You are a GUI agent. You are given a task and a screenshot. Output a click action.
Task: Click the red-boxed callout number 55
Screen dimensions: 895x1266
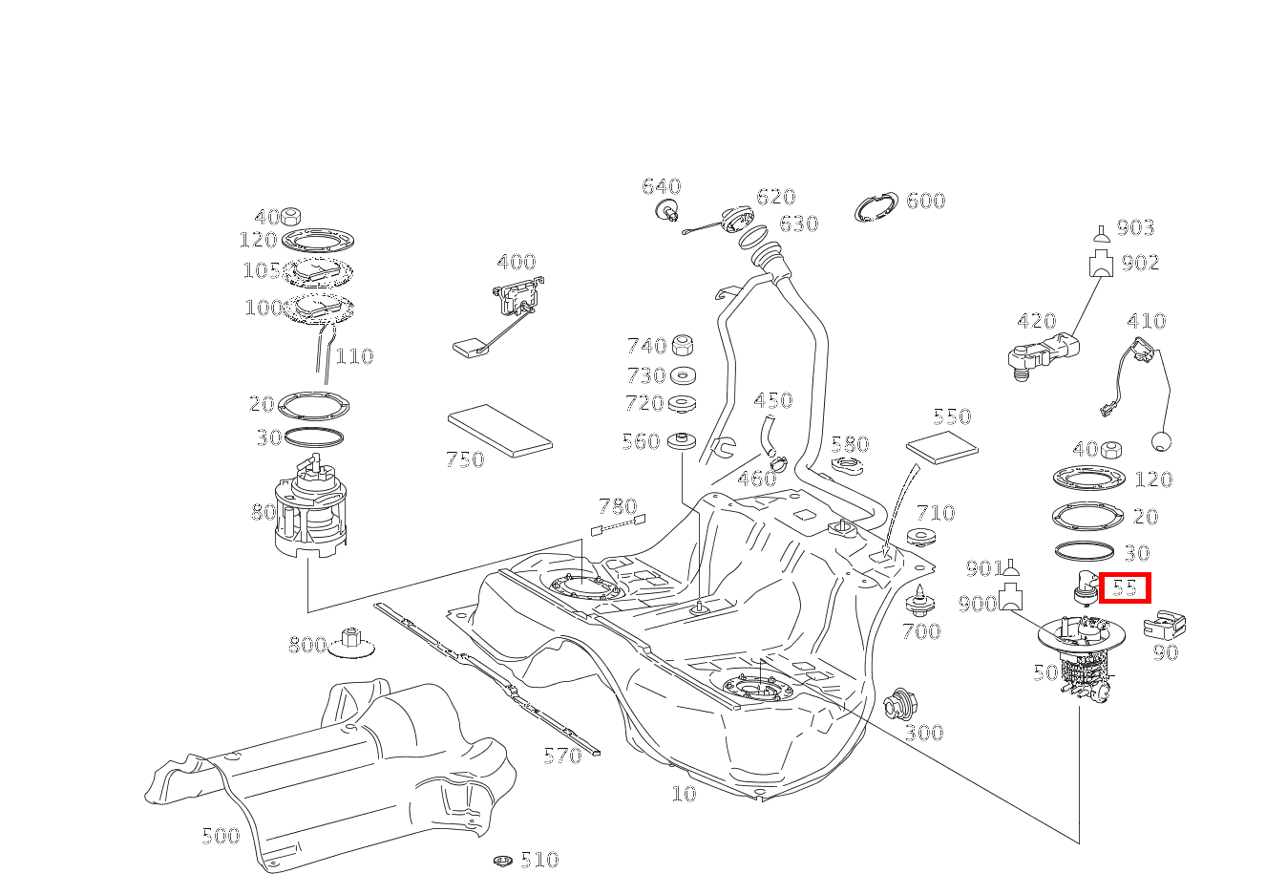(1125, 587)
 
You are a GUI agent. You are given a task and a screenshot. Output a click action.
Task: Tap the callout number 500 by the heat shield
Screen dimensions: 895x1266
(221, 836)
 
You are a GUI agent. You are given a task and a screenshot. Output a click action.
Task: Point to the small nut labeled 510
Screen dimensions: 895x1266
(503, 861)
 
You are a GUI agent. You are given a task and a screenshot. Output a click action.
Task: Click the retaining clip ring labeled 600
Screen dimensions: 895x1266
(876, 207)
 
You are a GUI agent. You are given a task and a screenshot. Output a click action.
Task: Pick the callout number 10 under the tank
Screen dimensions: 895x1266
(684, 793)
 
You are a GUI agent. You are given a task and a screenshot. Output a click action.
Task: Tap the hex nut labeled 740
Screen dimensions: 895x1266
(683, 346)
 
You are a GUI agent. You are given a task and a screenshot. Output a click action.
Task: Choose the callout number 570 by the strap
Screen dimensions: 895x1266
(562, 756)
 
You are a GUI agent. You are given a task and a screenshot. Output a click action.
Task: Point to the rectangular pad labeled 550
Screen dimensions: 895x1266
(941, 444)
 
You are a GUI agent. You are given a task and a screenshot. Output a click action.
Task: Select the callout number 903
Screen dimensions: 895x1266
(1135, 227)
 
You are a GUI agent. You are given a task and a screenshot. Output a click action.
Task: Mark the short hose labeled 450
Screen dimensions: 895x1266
(767, 434)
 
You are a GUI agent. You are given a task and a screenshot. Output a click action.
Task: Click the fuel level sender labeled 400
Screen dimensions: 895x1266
(516, 301)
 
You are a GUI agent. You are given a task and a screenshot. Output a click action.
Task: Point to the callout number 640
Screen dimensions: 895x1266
(661, 186)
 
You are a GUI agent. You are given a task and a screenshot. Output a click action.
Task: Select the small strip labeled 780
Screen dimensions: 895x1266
(620, 524)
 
